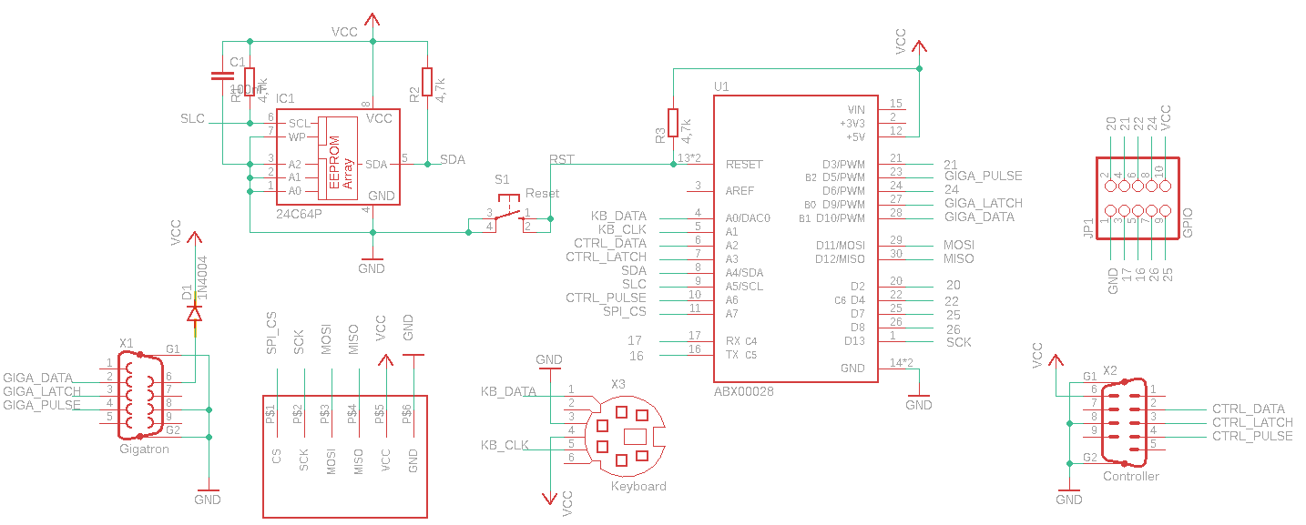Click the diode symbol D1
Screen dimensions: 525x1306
point(194,312)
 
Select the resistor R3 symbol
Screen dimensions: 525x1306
point(673,122)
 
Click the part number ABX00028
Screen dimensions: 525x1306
point(745,391)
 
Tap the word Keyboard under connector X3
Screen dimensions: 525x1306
point(638,486)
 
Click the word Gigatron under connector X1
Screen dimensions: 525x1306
point(144,449)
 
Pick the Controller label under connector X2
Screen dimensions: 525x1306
point(1131,476)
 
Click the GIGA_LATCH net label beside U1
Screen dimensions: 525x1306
point(984,203)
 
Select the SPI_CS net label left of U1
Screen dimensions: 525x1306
point(624,311)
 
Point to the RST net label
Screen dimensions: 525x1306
point(562,159)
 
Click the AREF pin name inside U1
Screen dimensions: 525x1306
point(740,191)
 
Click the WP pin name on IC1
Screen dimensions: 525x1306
point(297,137)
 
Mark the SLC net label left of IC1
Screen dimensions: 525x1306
point(192,119)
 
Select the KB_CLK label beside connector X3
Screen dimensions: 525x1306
point(505,445)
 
